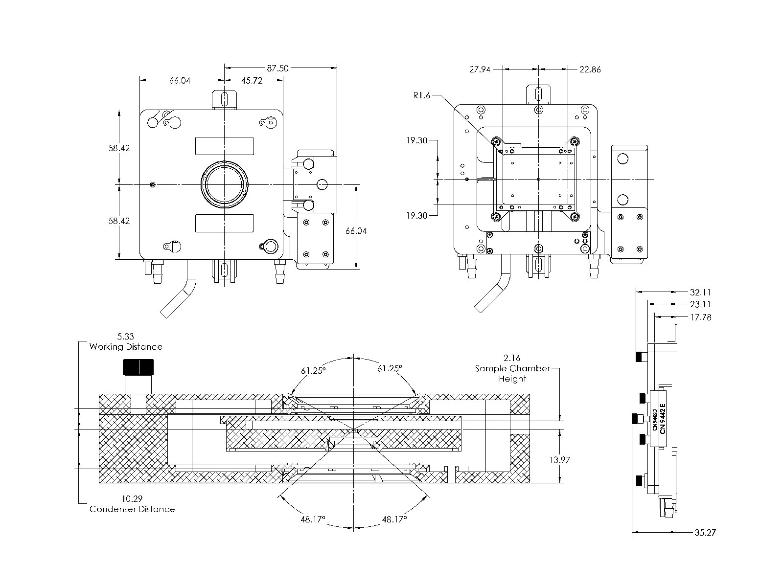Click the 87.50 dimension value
click(x=277, y=68)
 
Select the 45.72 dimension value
click(x=252, y=81)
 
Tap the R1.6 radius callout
click(x=421, y=95)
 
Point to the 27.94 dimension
click(x=480, y=69)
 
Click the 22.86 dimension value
click(x=590, y=69)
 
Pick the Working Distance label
click(x=126, y=347)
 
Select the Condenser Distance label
click(x=132, y=509)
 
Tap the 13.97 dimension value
click(x=559, y=460)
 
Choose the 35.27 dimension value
click(x=705, y=532)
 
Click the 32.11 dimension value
click(x=700, y=293)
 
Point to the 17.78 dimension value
click(x=700, y=317)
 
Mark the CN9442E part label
click(x=663, y=419)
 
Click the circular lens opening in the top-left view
click(x=225, y=184)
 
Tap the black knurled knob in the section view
click(x=138, y=367)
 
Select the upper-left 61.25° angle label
click(x=313, y=370)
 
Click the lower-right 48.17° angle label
click(x=394, y=519)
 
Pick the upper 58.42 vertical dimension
click(x=119, y=148)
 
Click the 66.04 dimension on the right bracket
click(x=356, y=231)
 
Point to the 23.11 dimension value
click(x=700, y=304)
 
